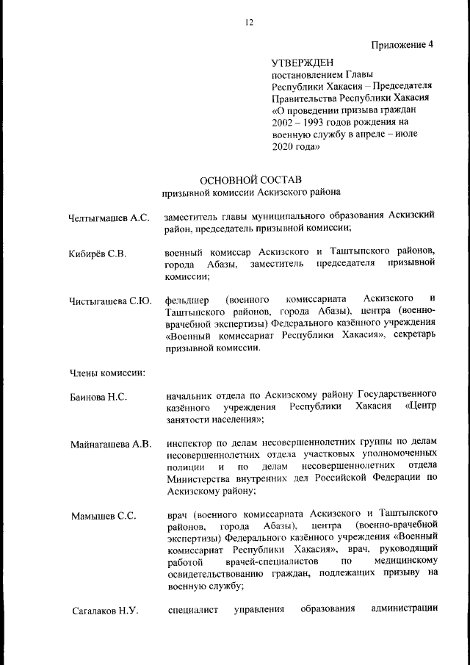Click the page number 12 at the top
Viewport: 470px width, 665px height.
tap(250, 23)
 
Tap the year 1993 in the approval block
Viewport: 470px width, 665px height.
tap(320, 123)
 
